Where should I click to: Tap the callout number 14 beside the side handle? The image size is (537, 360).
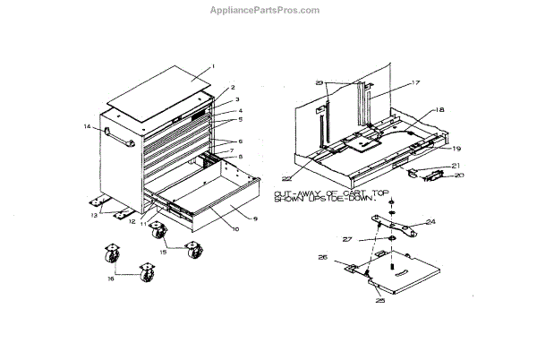coord(88,127)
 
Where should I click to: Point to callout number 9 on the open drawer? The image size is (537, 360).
coord(255,219)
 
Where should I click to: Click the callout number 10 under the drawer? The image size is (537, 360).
coord(211,229)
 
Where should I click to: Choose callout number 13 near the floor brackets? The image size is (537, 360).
coord(93,215)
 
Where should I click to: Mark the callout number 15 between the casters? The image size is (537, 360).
coord(162,253)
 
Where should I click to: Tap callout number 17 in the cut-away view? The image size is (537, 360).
coord(390,82)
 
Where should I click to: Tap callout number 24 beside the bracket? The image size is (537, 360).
coord(430,221)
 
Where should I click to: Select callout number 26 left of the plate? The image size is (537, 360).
coord(322,260)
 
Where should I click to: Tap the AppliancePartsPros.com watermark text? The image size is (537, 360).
coord(268,11)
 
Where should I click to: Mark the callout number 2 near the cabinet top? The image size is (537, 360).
coord(232,88)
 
